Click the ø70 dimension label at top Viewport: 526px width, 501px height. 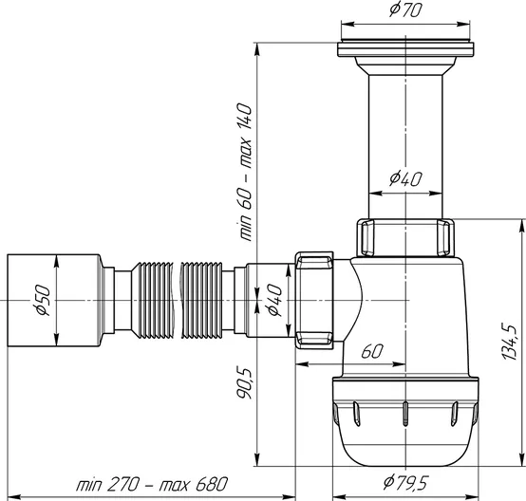point(404,9)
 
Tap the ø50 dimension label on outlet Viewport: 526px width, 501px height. point(44,300)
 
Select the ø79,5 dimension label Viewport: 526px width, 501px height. point(405,483)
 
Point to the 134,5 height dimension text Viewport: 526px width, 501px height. point(511,342)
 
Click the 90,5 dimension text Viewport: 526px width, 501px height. point(245,383)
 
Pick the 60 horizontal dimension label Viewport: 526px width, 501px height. point(371,351)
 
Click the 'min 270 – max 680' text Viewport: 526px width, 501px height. point(152,484)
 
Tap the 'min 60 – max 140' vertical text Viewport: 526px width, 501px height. point(245,172)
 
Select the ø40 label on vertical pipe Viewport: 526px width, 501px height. point(405,178)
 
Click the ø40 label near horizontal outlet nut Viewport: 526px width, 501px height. point(274,300)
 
